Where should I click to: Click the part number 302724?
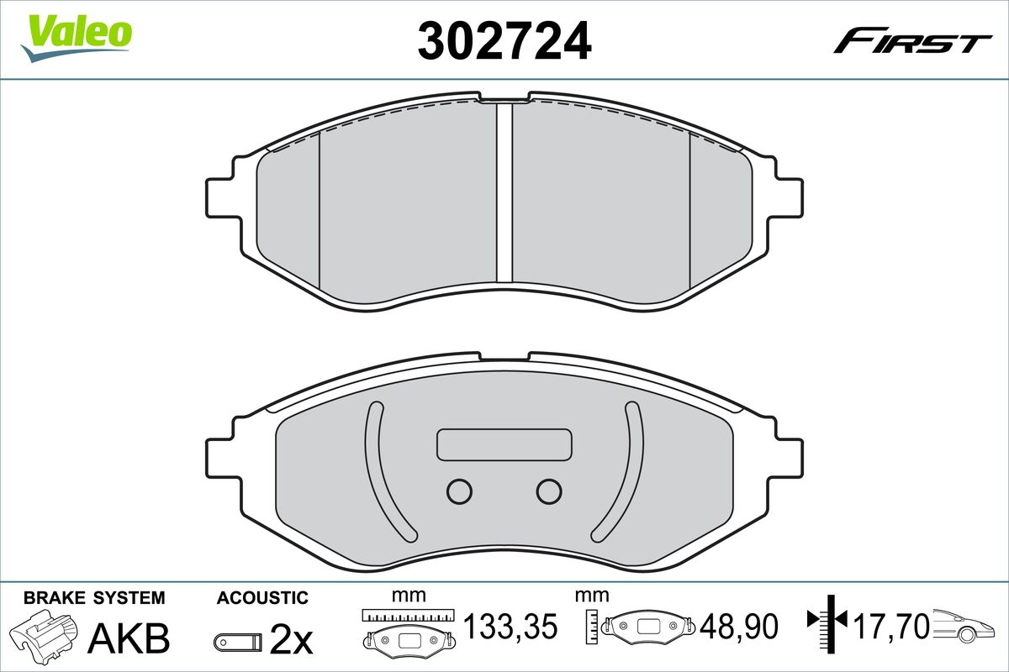pyautogui.click(x=504, y=40)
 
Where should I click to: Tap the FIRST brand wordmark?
pyautogui.click(x=912, y=46)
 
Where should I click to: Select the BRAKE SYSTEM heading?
pyautogui.click(x=94, y=598)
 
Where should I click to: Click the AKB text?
pyautogui.click(x=129, y=638)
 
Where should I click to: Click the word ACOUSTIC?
pyautogui.click(x=262, y=598)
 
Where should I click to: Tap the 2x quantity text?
pyautogui.click(x=291, y=639)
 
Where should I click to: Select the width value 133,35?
pyautogui.click(x=511, y=626)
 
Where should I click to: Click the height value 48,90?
pyautogui.click(x=739, y=626)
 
